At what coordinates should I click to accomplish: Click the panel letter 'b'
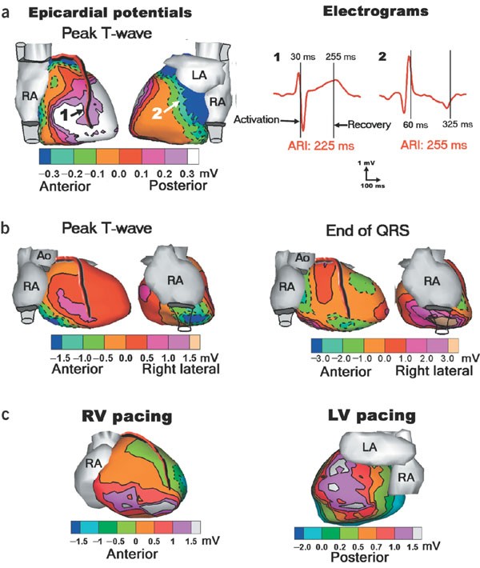tap(7, 226)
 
